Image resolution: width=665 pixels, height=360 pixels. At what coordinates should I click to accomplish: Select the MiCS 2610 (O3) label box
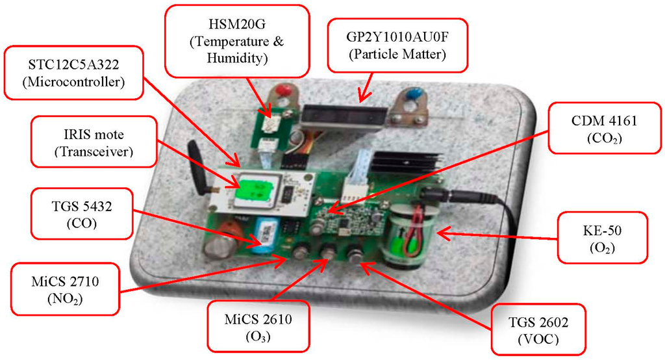(x=258, y=326)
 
